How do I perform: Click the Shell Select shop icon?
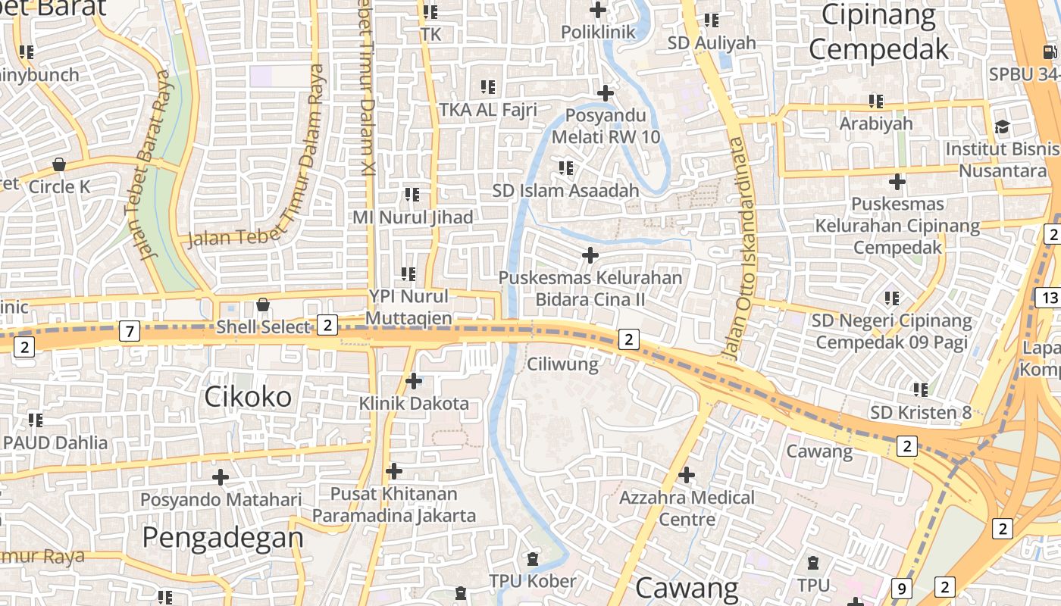click(262, 305)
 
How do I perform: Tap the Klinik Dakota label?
click(414, 403)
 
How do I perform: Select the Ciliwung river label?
click(562, 364)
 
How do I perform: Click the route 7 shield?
click(130, 331)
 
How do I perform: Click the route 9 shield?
click(901, 588)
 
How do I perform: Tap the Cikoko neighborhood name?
click(248, 396)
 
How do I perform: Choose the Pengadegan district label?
click(223, 537)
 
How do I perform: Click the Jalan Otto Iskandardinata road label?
click(738, 250)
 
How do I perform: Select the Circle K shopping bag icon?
click(58, 164)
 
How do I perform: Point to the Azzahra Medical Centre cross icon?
click(686, 475)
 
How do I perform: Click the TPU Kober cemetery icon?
click(533, 559)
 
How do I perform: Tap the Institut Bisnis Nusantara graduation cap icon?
click(1002, 127)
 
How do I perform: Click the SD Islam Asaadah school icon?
click(565, 167)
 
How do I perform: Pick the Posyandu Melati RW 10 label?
click(606, 127)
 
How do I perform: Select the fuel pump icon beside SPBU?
click(1050, 52)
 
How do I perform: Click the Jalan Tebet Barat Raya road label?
click(154, 164)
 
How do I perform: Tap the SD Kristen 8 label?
click(920, 413)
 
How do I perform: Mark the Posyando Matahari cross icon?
click(221, 477)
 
